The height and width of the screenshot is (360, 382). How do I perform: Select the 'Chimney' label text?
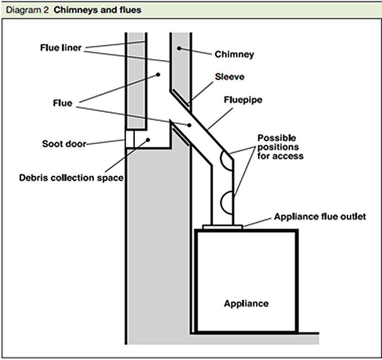tap(234, 54)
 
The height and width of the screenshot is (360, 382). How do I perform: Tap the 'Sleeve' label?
tap(229, 77)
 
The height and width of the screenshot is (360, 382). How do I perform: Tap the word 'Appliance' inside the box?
tap(246, 303)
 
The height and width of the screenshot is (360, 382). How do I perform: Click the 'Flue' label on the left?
tap(63, 103)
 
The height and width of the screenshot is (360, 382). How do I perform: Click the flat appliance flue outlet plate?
tap(223, 227)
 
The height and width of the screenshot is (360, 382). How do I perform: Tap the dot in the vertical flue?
tap(158, 75)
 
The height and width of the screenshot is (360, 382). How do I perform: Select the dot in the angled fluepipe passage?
tap(189, 125)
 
